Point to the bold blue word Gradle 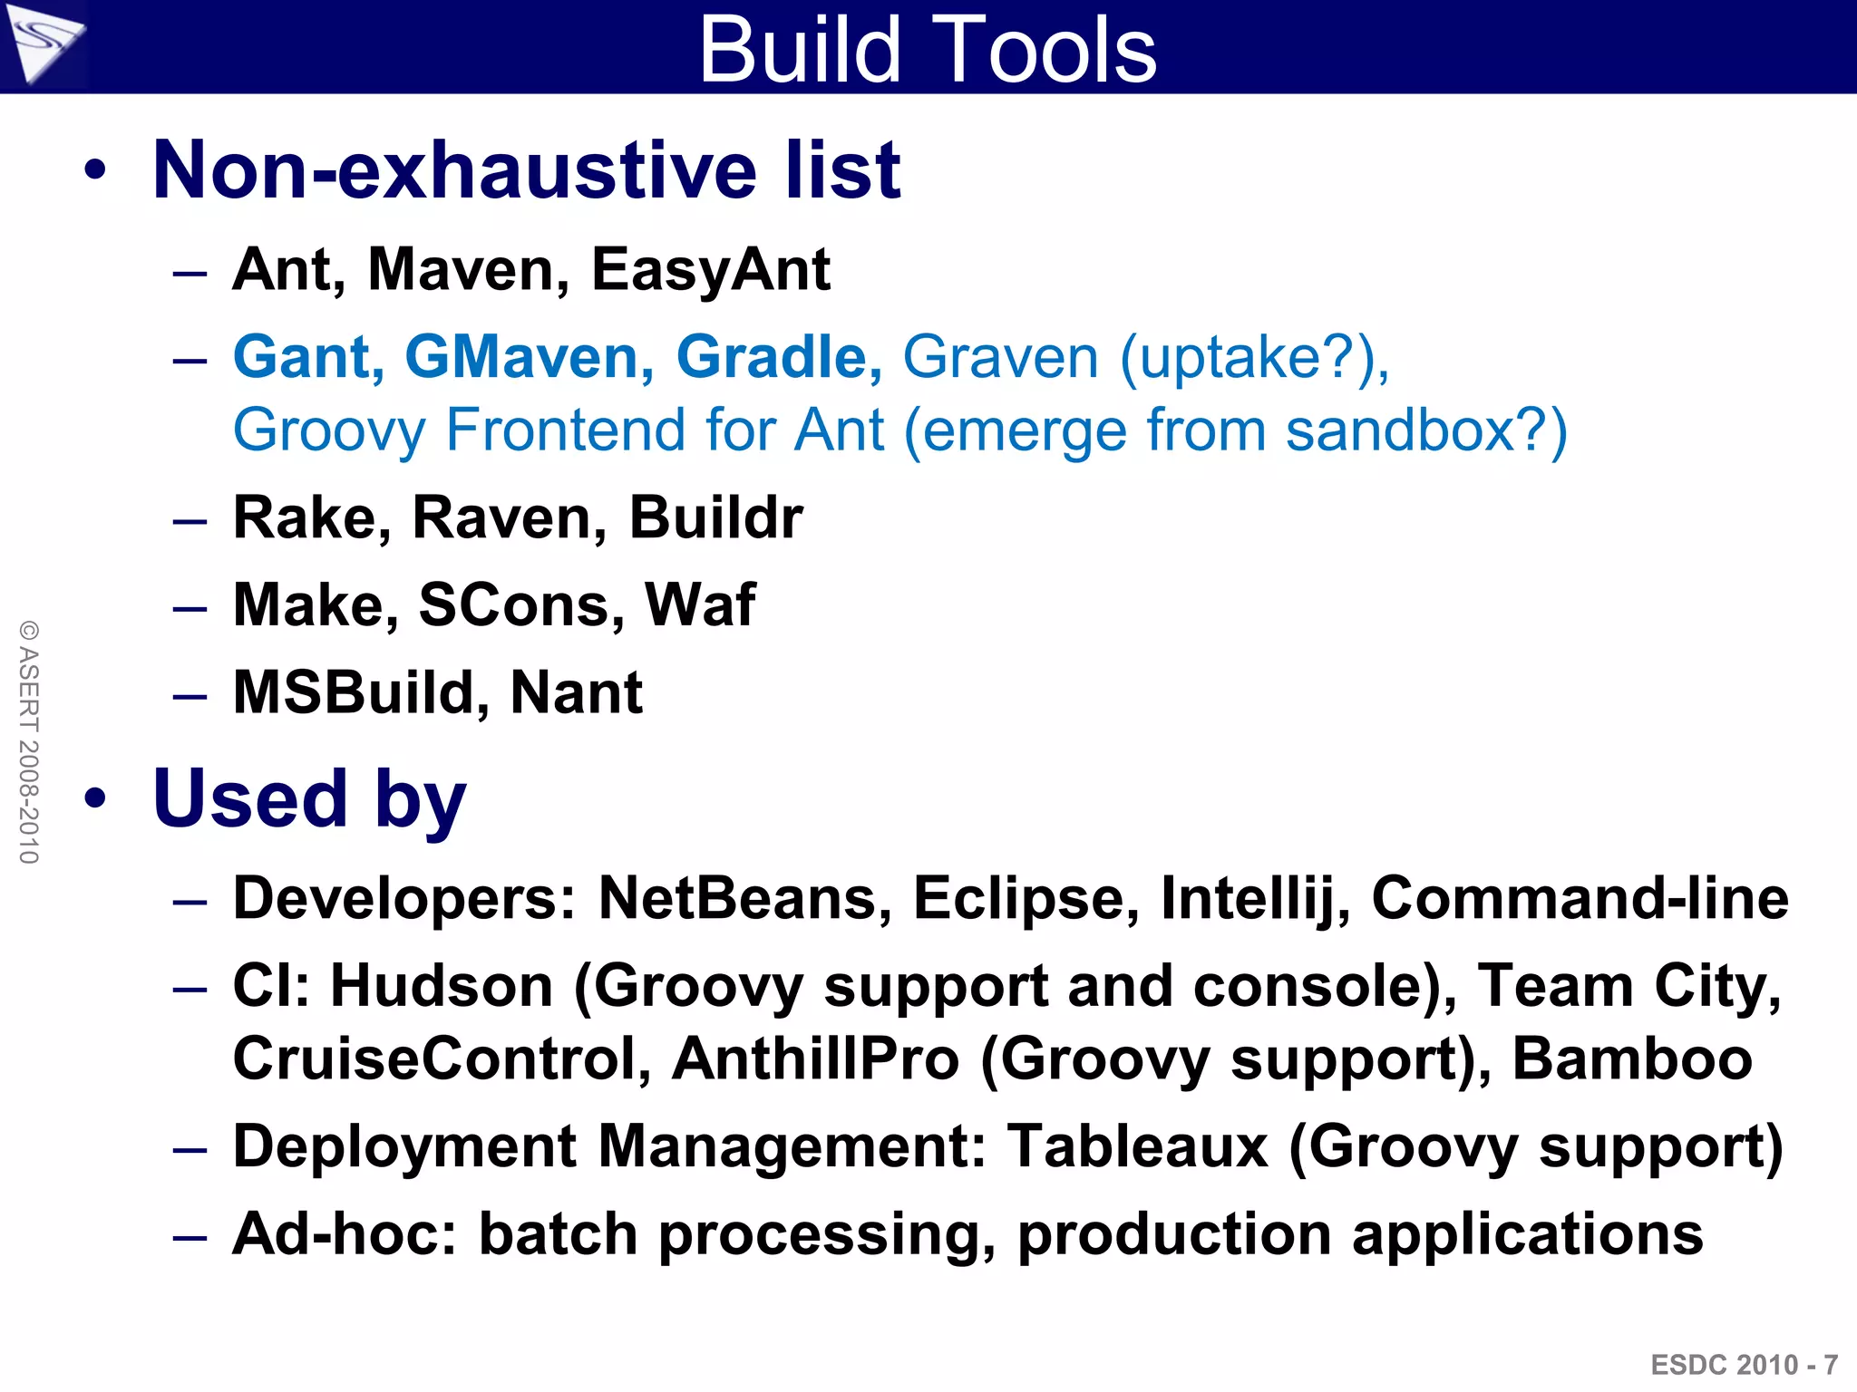pyautogui.click(x=778, y=356)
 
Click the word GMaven pyautogui.click(x=529, y=356)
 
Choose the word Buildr pyautogui.click(x=715, y=517)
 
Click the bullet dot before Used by pyautogui.click(x=95, y=799)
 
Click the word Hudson pyautogui.click(x=441, y=986)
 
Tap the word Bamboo pyautogui.click(x=1632, y=1058)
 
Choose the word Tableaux pyautogui.click(x=1137, y=1146)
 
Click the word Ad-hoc pyautogui.click(x=345, y=1233)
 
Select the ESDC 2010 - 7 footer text pyautogui.click(x=1744, y=1365)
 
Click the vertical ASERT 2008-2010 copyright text pyautogui.click(x=29, y=741)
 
